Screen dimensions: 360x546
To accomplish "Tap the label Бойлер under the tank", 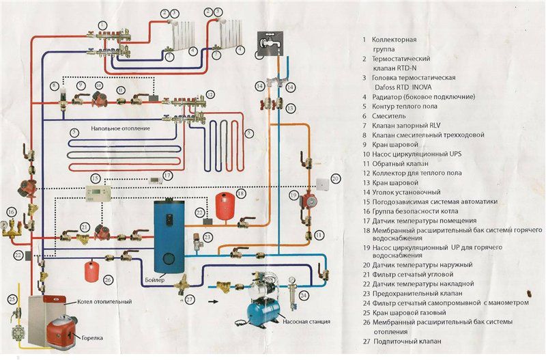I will tap(155, 280).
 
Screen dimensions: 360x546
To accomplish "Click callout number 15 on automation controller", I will tap(96, 178).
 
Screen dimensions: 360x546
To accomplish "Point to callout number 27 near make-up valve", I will tap(190, 299).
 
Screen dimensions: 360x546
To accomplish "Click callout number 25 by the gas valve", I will tap(12, 299).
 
